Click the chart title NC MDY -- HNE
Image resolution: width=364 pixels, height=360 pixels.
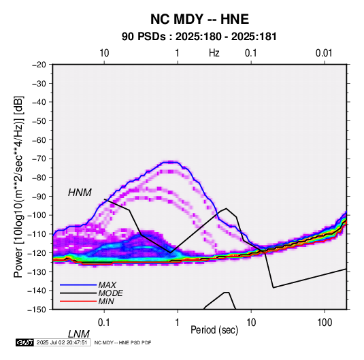(199, 19)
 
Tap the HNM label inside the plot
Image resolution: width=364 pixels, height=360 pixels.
(80, 193)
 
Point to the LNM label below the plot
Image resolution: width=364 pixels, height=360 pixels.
(79, 334)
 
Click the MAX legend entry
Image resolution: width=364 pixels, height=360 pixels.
(107, 284)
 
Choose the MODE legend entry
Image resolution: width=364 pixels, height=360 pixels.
(110, 293)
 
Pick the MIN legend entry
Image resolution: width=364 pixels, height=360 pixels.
(106, 301)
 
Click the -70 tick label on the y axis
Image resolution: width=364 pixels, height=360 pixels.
(39, 159)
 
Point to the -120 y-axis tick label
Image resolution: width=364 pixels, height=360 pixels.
(37, 252)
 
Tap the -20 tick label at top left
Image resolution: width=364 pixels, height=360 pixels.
(39, 65)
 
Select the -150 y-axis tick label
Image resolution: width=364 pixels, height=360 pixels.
(37, 310)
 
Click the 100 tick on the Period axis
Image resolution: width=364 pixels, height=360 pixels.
(325, 323)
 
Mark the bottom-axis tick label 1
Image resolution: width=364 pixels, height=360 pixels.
(178, 323)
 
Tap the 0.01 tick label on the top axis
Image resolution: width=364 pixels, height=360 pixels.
(324, 53)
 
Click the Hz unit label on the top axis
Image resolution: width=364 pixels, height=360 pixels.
(214, 53)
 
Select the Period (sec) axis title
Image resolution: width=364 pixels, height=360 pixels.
(214, 330)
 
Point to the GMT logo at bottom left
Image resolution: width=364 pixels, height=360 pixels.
(25, 342)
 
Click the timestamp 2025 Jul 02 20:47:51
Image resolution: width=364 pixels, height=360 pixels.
(62, 342)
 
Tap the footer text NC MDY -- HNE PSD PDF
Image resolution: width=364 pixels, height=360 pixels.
(122, 342)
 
